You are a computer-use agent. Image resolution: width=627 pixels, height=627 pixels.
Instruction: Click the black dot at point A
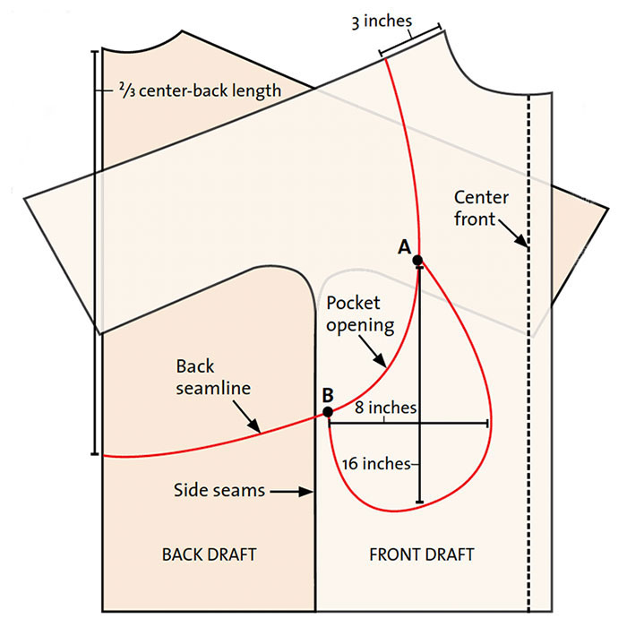pos(417,261)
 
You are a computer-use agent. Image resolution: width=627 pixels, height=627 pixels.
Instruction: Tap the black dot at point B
pos(328,412)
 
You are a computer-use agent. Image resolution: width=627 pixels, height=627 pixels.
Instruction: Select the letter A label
pos(404,247)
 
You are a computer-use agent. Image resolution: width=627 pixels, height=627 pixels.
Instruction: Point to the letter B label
pos(328,395)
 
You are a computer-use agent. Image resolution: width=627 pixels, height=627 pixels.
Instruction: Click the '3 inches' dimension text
pos(382,21)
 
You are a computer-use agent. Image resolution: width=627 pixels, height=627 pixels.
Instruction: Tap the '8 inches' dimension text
pos(385,408)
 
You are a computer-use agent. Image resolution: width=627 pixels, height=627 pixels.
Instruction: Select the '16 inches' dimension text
pos(376,464)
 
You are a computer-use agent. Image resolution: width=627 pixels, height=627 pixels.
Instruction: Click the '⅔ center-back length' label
pos(200,90)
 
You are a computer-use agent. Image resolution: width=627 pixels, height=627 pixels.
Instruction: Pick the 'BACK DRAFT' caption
pos(209,554)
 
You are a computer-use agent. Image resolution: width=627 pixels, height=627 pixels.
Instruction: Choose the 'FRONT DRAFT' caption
pos(422,554)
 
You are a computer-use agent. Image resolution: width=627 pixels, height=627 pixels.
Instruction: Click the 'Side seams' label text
pos(219,490)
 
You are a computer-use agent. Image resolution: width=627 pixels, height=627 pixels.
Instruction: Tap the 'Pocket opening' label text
pos(360,313)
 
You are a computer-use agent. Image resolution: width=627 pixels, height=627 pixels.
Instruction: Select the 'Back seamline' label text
pos(213,377)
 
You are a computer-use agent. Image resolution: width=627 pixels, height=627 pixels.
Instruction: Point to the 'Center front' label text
pos(482,209)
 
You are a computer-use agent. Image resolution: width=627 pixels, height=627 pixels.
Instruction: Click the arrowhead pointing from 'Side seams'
pos(307,492)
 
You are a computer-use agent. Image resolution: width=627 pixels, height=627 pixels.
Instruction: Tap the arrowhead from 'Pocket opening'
pos(381,361)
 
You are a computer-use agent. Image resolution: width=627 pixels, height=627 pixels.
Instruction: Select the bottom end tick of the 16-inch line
pos(419,502)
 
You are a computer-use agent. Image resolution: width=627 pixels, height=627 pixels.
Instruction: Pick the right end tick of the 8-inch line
pos(487,424)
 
